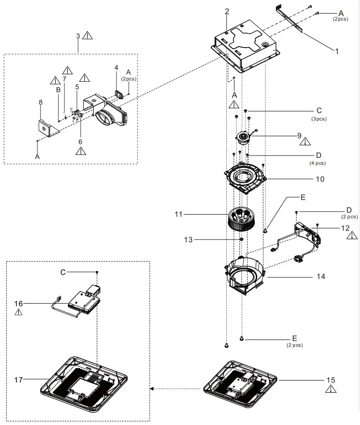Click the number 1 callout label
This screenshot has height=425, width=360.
click(337, 51)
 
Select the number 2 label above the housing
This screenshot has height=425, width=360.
click(227, 11)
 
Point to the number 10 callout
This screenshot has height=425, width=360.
click(320, 179)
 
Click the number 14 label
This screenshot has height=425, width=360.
click(321, 276)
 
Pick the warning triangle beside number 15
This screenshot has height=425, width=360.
click(331, 389)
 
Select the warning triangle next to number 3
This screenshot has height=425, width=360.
click(87, 35)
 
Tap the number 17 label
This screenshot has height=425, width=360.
click(18, 380)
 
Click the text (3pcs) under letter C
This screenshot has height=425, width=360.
click(319, 119)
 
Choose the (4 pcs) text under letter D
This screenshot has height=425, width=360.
click(317, 163)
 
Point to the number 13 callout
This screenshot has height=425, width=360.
click(188, 240)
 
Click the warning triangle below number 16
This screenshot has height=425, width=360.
click(18, 312)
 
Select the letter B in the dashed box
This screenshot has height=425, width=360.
click(58, 90)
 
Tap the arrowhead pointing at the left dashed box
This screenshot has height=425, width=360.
click(152, 389)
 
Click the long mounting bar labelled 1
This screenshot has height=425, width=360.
click(289, 19)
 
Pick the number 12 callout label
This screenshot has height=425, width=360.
click(346, 228)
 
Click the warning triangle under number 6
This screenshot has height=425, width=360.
click(80, 151)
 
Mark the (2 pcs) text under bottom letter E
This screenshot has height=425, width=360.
click(295, 345)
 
